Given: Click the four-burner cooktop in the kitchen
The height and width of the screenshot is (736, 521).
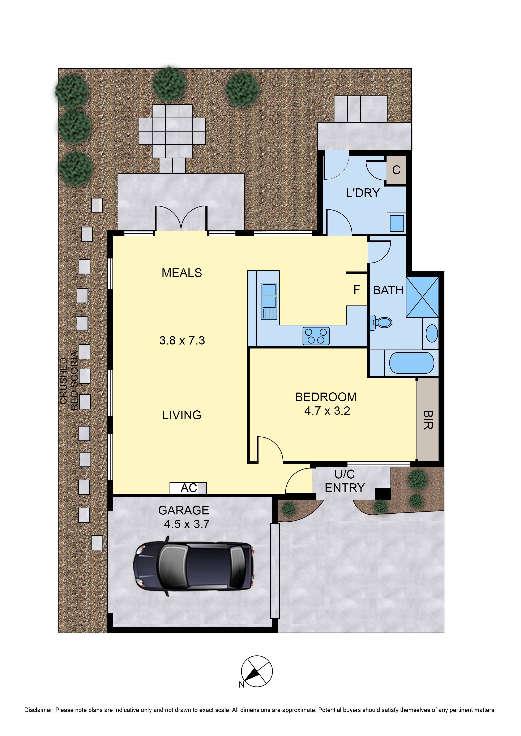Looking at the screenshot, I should click(316, 336).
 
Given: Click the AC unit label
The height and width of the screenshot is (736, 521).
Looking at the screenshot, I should click(188, 488).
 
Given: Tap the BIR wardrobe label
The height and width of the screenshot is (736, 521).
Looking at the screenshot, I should click(428, 420).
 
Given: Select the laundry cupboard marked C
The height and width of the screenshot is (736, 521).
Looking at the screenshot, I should click(396, 170).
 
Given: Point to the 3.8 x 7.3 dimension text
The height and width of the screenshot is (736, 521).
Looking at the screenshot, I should click(182, 340).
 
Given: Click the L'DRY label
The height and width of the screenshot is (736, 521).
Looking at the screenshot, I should click(363, 193).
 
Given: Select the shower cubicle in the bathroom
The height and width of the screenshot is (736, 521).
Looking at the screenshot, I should click(422, 297).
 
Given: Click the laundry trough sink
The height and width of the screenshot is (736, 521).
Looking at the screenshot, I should click(397, 223).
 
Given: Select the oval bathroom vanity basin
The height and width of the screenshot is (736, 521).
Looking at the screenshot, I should click(431, 334).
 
